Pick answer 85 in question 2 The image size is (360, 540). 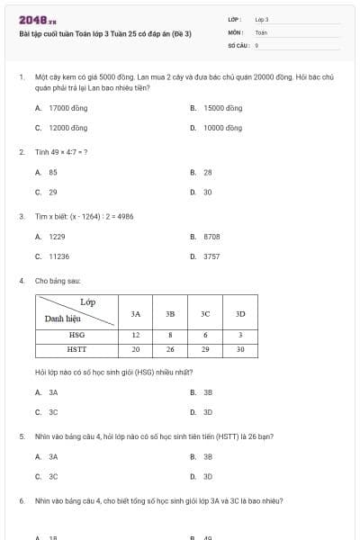click(53, 172)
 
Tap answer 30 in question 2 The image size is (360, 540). click(208, 192)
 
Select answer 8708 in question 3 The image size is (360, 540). click(211, 237)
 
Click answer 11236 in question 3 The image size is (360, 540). click(58, 256)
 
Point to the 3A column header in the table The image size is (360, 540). click(136, 314)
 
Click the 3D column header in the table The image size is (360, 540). click(240, 314)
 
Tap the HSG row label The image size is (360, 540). click(76, 334)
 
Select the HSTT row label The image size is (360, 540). click(76, 349)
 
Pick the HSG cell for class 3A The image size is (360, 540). click(136, 334)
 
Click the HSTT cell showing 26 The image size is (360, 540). click(170, 349)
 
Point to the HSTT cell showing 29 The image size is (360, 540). click(205, 349)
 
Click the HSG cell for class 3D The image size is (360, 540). click(240, 334)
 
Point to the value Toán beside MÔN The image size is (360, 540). click(261, 31)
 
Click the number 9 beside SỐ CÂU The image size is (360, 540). click(257, 44)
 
